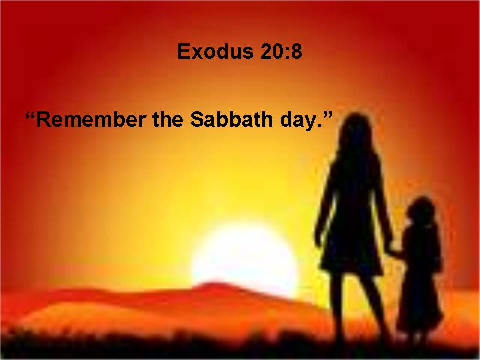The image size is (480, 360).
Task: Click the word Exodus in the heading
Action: point(216,51)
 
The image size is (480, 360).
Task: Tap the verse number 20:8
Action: point(281,51)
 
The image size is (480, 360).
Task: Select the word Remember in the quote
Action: point(91,119)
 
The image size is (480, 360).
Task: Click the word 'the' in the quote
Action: point(168,119)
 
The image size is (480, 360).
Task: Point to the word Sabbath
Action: point(231,119)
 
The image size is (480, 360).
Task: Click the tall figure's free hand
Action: point(318,240)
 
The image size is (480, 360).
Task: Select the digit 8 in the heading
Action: point(296,51)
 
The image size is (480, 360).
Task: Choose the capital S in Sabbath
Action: point(197,119)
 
